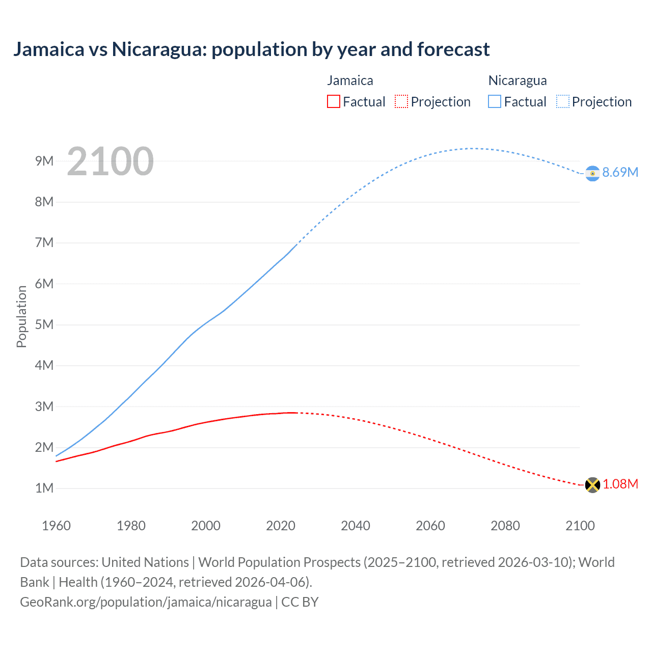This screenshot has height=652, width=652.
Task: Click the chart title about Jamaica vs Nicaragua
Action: tap(251, 49)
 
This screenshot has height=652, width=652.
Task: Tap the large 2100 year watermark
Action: tap(110, 161)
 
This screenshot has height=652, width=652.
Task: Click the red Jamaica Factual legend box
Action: tap(333, 101)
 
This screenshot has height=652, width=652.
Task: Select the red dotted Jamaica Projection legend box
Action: tap(401, 101)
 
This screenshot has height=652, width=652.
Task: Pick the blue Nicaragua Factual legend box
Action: tap(494, 101)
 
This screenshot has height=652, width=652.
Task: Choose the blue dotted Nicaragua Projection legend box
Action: tap(562, 101)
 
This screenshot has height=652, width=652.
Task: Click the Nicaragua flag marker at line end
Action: tap(592, 173)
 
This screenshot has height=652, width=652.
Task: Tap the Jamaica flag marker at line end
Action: tap(592, 484)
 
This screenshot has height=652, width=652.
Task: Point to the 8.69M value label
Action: tap(620, 172)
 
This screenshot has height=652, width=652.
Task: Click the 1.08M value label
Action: tap(620, 484)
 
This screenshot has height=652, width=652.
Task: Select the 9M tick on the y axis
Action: tap(44, 161)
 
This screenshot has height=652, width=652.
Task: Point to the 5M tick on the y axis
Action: tap(44, 324)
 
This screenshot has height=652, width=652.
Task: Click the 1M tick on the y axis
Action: tap(44, 488)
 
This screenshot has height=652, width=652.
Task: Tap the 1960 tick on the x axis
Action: tap(56, 526)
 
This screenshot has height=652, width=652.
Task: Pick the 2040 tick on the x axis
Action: tap(355, 526)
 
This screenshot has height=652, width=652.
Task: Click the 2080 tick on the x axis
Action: tap(505, 526)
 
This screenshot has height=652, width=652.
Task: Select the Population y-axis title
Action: tap(21, 316)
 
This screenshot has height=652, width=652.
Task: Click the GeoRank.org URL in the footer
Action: tap(146, 602)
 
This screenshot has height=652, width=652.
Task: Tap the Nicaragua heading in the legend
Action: tap(517, 80)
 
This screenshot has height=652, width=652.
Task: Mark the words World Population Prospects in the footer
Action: tap(279, 562)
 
